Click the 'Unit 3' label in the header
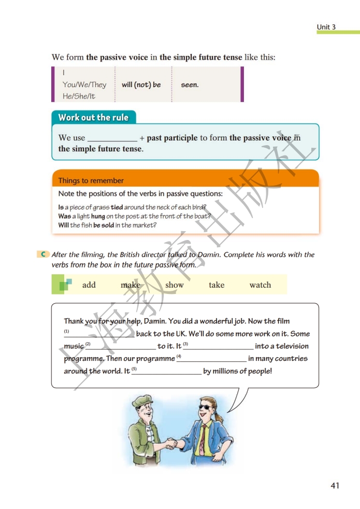(x=326, y=27)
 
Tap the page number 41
(x=335, y=486)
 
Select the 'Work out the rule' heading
(x=93, y=117)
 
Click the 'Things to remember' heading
(x=91, y=181)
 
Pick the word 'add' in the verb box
(x=89, y=285)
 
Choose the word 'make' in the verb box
(x=131, y=285)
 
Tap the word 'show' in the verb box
(x=175, y=285)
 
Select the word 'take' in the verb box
(x=217, y=285)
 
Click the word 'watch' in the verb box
(x=260, y=285)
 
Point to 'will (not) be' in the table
(x=141, y=84)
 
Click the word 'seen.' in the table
(x=190, y=84)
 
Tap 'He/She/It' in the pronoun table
(x=79, y=96)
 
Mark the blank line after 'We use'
(x=112, y=139)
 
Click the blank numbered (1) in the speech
(x=99, y=334)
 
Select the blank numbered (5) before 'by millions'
(x=167, y=371)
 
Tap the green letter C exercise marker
(x=44, y=254)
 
